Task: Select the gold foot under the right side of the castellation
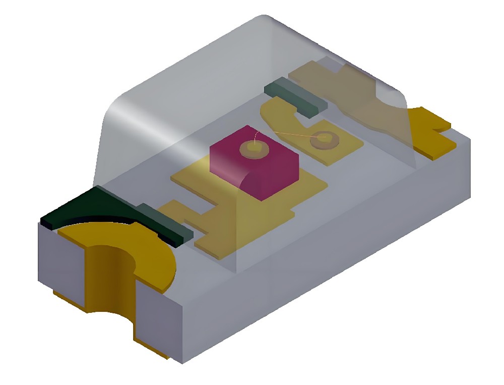click(151, 348)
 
